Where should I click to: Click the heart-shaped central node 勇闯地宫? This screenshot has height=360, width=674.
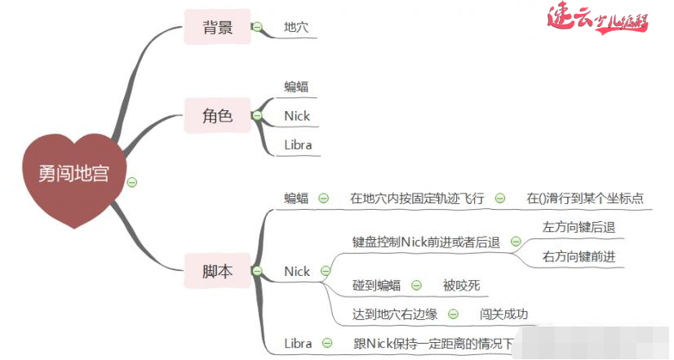73,175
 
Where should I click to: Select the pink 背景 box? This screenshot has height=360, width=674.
218,28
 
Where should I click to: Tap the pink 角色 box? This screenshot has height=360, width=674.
218,116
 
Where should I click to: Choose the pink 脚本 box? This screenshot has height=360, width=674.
218,271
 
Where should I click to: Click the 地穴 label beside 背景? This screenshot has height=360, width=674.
296,28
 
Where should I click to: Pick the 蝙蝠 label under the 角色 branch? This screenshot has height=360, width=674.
296,87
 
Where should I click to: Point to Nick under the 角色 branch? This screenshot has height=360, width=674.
297,116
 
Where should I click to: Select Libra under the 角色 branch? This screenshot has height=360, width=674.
298,145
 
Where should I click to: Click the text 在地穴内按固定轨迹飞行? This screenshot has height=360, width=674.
417,198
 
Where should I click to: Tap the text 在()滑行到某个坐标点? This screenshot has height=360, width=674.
585,198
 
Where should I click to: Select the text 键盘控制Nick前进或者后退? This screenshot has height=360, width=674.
426,242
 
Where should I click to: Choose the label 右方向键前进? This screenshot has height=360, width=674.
579,256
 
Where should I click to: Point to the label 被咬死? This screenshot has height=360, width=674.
462,285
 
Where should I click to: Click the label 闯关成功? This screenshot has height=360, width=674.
504,314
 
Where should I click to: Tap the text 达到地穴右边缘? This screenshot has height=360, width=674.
395,314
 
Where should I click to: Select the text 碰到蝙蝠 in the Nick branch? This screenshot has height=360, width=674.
376,285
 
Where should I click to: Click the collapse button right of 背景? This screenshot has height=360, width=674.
257,28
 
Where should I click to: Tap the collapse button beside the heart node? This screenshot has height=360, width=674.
131,181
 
